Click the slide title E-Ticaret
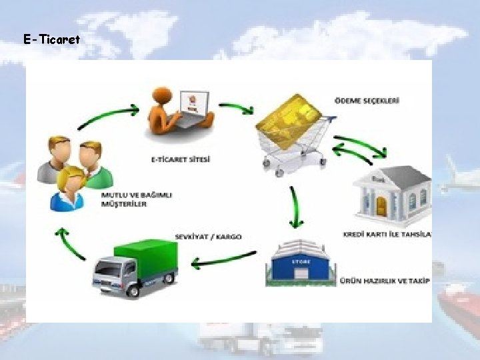coord(51,40)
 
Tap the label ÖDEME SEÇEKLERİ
coord(367,101)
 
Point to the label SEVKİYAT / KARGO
coord(208,237)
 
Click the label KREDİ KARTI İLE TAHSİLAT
coord(387,234)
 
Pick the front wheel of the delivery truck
coord(131,289)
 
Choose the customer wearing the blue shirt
coord(70,190)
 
